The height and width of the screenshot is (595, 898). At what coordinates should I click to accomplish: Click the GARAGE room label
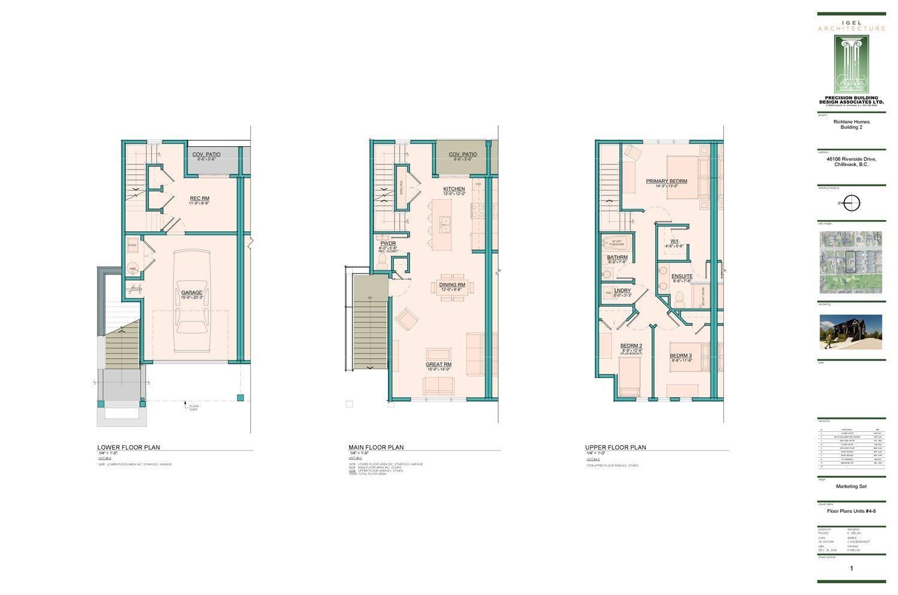click(x=192, y=292)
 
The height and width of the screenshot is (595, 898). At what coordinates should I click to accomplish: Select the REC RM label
click(x=199, y=198)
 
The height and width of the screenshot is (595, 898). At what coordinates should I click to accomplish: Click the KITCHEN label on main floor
click(x=454, y=189)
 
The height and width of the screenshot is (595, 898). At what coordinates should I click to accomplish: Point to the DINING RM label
click(x=452, y=285)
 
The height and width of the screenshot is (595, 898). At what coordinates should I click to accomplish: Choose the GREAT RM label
click(x=438, y=364)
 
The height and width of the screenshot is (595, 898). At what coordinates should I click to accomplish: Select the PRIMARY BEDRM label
click(x=666, y=181)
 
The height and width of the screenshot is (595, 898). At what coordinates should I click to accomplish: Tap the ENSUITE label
click(x=682, y=276)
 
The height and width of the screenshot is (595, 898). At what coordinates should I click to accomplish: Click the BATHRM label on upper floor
click(x=617, y=257)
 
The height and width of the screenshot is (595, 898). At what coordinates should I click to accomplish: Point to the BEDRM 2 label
click(x=631, y=346)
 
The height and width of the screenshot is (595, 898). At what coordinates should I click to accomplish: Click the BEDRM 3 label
click(x=681, y=355)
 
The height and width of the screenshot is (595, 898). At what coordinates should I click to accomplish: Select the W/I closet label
click(x=674, y=241)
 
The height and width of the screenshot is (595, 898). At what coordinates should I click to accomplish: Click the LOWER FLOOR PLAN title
click(x=129, y=447)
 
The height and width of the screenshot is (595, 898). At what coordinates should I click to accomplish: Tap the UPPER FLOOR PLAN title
click(x=615, y=447)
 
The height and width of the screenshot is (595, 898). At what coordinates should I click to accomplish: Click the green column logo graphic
click(x=851, y=64)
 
